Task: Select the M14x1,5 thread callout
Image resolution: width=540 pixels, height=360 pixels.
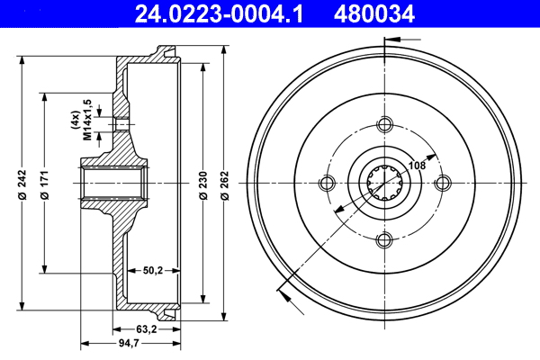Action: click(x=88, y=121)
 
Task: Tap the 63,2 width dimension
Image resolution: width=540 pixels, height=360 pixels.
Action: click(x=145, y=329)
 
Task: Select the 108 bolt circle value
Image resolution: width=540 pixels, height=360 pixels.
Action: click(x=417, y=165)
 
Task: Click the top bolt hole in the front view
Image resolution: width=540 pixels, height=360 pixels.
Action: click(x=384, y=124)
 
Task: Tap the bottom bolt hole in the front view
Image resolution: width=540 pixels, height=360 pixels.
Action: click(x=384, y=238)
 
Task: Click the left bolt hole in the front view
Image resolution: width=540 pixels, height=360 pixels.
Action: click(x=328, y=182)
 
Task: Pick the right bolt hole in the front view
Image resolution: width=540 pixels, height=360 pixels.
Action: click(x=441, y=182)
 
